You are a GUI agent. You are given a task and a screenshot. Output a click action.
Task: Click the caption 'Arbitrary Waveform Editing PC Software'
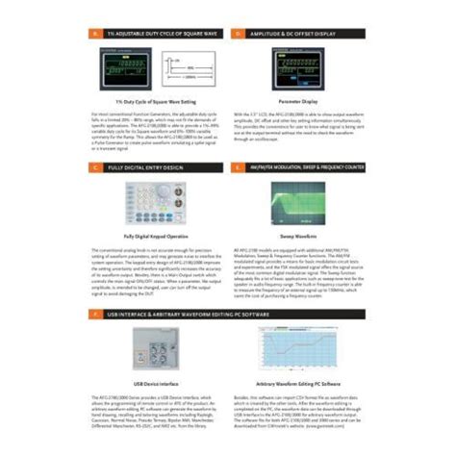(294, 382)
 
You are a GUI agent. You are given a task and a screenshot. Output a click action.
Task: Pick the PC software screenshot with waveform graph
(294, 347)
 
